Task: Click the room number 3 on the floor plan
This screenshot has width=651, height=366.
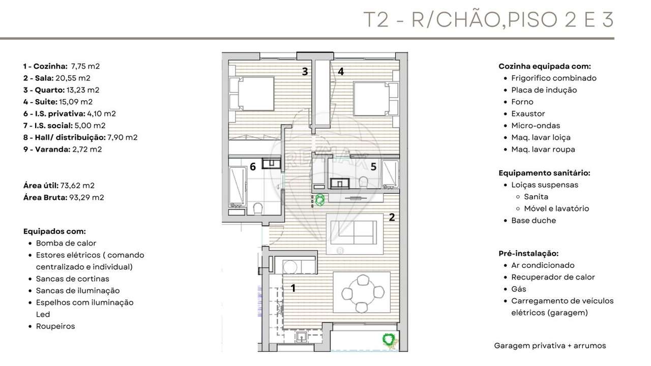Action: click(305, 72)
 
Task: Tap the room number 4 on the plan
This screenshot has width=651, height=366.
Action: click(341, 72)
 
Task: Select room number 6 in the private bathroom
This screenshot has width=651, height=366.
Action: click(252, 167)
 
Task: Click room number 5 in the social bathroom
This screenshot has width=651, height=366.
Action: click(373, 166)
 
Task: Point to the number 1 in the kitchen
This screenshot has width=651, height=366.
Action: click(293, 288)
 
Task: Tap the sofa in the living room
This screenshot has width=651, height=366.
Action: click(355, 233)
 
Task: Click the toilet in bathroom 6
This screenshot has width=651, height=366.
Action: click(258, 209)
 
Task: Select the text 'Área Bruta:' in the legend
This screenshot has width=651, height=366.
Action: click(45, 197)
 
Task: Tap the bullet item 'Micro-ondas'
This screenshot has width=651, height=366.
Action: click(536, 126)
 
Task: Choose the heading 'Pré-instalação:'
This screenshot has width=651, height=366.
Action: click(528, 253)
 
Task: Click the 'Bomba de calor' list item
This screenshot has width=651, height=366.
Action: click(66, 243)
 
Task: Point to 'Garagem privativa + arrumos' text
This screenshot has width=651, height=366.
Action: click(550, 346)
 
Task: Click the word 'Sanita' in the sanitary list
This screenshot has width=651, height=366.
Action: click(536, 197)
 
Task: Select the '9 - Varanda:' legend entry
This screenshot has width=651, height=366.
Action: click(46, 149)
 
